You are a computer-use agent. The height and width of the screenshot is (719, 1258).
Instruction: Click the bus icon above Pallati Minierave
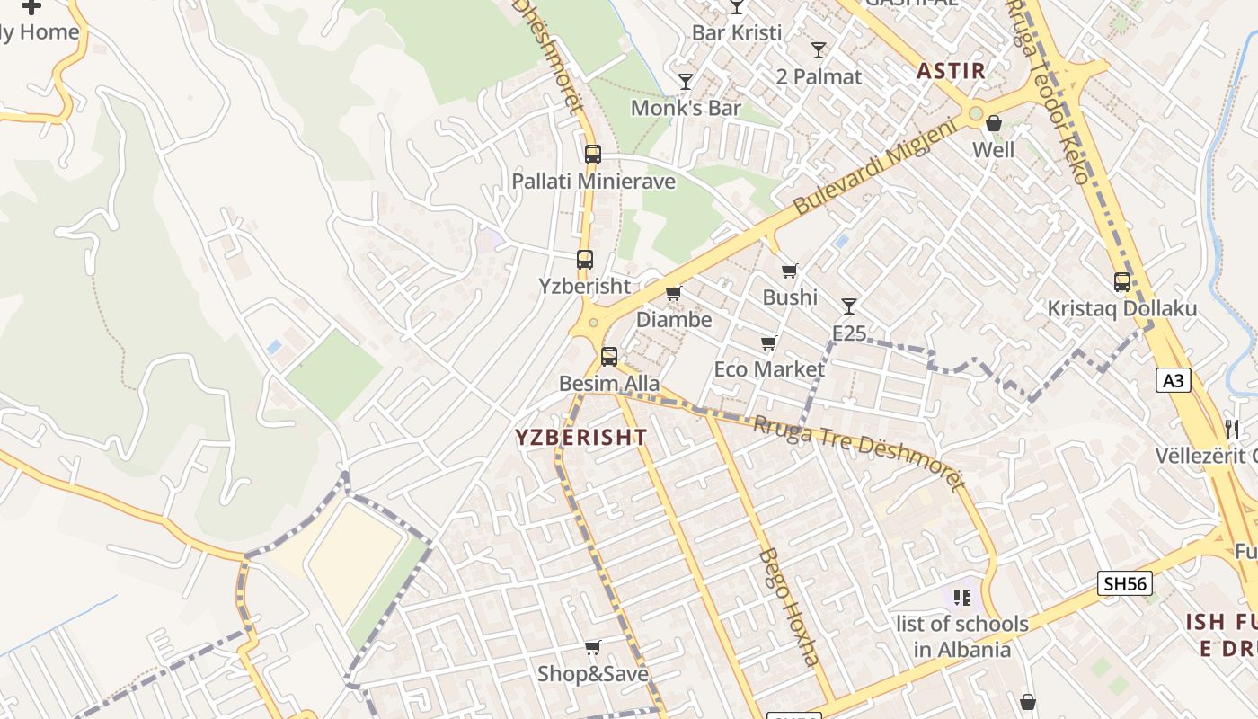coord(592,154)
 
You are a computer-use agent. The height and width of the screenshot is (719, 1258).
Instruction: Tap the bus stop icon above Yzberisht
coord(585,260)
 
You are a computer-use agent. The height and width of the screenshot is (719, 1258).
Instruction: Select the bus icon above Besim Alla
coord(609,357)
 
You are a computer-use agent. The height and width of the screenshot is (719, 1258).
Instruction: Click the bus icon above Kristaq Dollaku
coord(1122,282)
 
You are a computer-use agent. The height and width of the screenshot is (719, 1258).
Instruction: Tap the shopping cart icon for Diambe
coord(673,293)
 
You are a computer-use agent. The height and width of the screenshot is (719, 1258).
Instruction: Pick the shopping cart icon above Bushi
coord(790,271)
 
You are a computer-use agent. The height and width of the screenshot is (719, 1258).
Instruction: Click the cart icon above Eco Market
coord(768,342)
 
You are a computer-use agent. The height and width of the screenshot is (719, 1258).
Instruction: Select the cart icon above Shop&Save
coord(593,647)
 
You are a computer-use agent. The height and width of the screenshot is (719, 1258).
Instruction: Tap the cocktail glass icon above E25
coord(848,306)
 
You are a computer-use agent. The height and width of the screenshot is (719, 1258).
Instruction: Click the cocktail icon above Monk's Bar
coord(686,82)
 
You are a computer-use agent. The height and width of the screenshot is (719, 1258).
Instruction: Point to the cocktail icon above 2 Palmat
coord(819,50)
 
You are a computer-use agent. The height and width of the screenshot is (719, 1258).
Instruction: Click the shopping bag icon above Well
coord(994,124)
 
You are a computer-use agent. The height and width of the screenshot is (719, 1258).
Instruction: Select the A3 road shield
coord(1174,381)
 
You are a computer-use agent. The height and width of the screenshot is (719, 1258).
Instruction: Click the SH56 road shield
coord(1125,583)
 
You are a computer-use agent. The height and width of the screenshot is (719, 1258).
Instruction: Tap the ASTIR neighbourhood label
coord(951,71)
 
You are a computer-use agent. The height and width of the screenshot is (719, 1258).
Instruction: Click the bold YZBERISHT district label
coord(580,438)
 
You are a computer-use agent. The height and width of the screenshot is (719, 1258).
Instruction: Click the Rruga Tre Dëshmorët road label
coord(858,452)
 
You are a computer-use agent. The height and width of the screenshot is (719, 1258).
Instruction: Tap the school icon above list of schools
coord(962,596)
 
